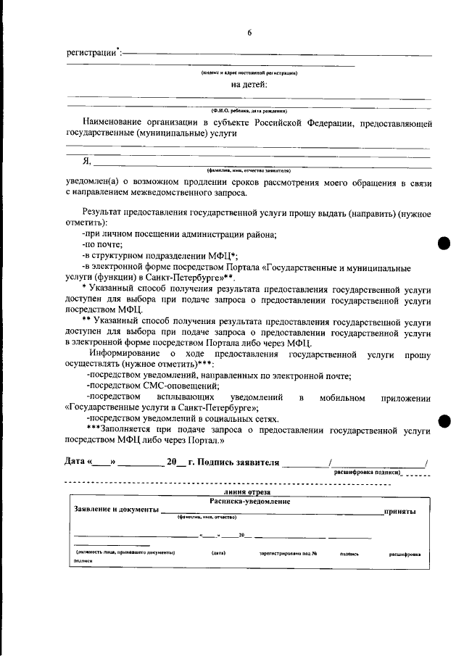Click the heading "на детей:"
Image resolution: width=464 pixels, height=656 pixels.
coord(249,84)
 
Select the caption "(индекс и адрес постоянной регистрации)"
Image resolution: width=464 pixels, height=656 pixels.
coord(249,72)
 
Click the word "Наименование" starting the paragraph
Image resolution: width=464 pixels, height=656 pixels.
coord(117,123)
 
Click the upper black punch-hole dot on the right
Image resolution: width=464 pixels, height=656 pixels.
coord(444,244)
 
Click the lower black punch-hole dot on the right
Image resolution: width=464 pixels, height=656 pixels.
coord(444,421)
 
